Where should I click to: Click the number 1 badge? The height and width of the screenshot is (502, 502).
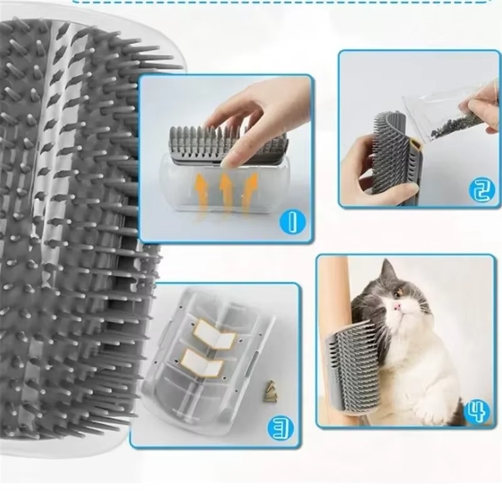pos(291,222)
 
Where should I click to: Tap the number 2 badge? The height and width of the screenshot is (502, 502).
pos(481,190)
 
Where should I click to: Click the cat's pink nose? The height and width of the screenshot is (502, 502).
pos(397,307)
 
